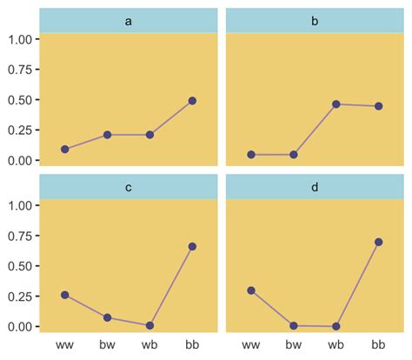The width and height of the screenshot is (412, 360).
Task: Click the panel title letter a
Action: [129, 21]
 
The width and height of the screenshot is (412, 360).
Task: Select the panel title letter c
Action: [129, 187]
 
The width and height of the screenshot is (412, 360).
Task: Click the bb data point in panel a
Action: [192, 101]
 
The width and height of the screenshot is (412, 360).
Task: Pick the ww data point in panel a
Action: [65, 150]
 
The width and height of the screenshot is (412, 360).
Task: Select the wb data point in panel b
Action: [336, 104]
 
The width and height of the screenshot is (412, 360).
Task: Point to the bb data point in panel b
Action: [378, 106]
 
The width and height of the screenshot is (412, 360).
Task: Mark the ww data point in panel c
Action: [65, 295]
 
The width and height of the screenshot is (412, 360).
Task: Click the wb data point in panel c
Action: [150, 325]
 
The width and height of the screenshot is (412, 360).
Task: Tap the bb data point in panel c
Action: [192, 247]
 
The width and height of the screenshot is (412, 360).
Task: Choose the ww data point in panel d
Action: [251, 290]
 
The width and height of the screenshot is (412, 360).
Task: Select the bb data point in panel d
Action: [378, 242]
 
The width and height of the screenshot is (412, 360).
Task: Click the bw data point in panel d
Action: [294, 325]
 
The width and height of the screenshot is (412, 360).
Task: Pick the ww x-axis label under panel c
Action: [65, 346]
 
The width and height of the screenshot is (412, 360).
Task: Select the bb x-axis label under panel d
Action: [378, 346]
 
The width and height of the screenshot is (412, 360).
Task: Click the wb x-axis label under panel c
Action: [150, 346]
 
